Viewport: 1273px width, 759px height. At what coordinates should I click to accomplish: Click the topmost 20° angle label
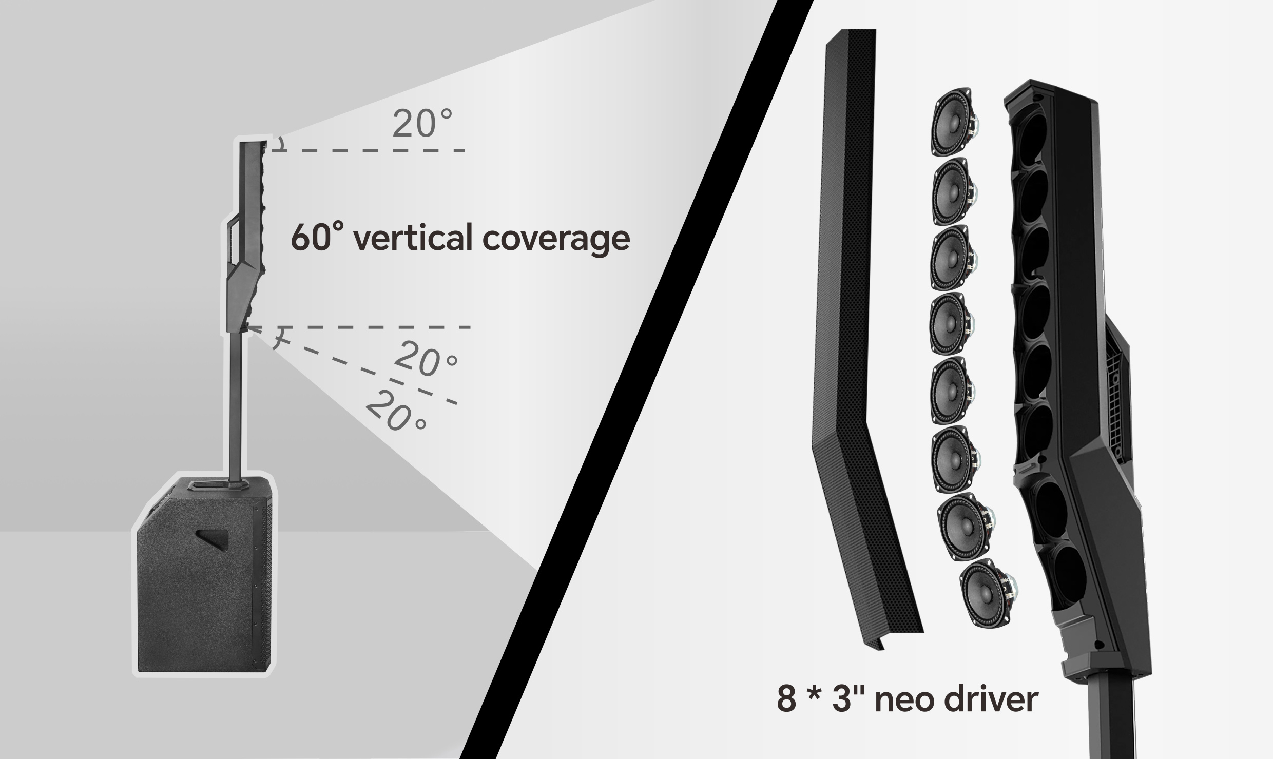(422, 123)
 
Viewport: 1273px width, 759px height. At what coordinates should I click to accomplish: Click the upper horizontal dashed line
(368, 151)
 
